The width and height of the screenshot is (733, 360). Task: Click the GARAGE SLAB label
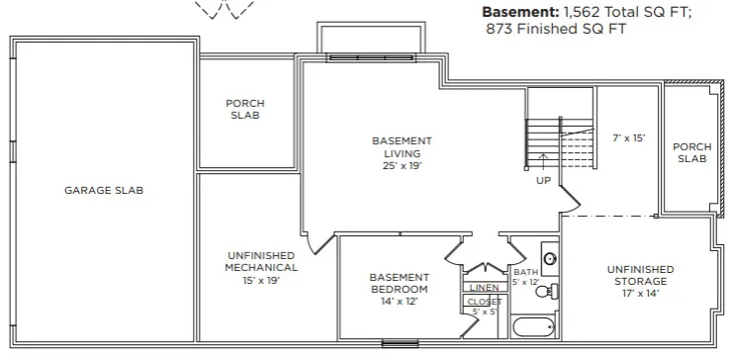pyautogui.click(x=104, y=190)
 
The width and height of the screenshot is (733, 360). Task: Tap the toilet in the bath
pyautogui.click(x=548, y=292)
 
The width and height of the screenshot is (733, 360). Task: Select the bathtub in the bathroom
pyautogui.click(x=533, y=327)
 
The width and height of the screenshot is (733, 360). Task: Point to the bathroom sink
pyautogui.click(x=550, y=257)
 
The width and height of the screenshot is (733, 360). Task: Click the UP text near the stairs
pyautogui.click(x=544, y=180)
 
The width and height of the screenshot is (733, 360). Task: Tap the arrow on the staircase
pyautogui.click(x=543, y=162)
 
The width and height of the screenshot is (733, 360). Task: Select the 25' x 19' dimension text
pyautogui.click(x=402, y=165)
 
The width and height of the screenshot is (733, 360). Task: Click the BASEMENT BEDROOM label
pyautogui.click(x=399, y=283)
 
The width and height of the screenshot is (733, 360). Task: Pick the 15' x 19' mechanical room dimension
pyautogui.click(x=261, y=280)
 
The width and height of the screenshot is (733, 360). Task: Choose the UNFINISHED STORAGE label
pyautogui.click(x=640, y=275)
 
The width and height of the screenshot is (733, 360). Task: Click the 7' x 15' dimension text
pyautogui.click(x=629, y=137)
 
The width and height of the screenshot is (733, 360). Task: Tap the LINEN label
pyautogui.click(x=485, y=288)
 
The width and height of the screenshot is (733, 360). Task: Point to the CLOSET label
pyautogui.click(x=485, y=302)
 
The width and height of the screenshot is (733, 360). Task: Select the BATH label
pyautogui.click(x=526, y=272)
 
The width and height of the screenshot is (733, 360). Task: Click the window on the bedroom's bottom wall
pyautogui.click(x=400, y=344)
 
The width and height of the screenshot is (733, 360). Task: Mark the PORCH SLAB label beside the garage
pyautogui.click(x=245, y=109)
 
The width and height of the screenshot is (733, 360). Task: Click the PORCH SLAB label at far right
pyautogui.click(x=691, y=152)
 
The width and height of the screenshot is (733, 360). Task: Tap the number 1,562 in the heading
pyautogui.click(x=580, y=12)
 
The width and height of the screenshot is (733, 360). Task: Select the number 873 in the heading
pyautogui.click(x=500, y=29)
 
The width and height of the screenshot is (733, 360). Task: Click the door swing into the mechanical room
pyautogui.click(x=321, y=244)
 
